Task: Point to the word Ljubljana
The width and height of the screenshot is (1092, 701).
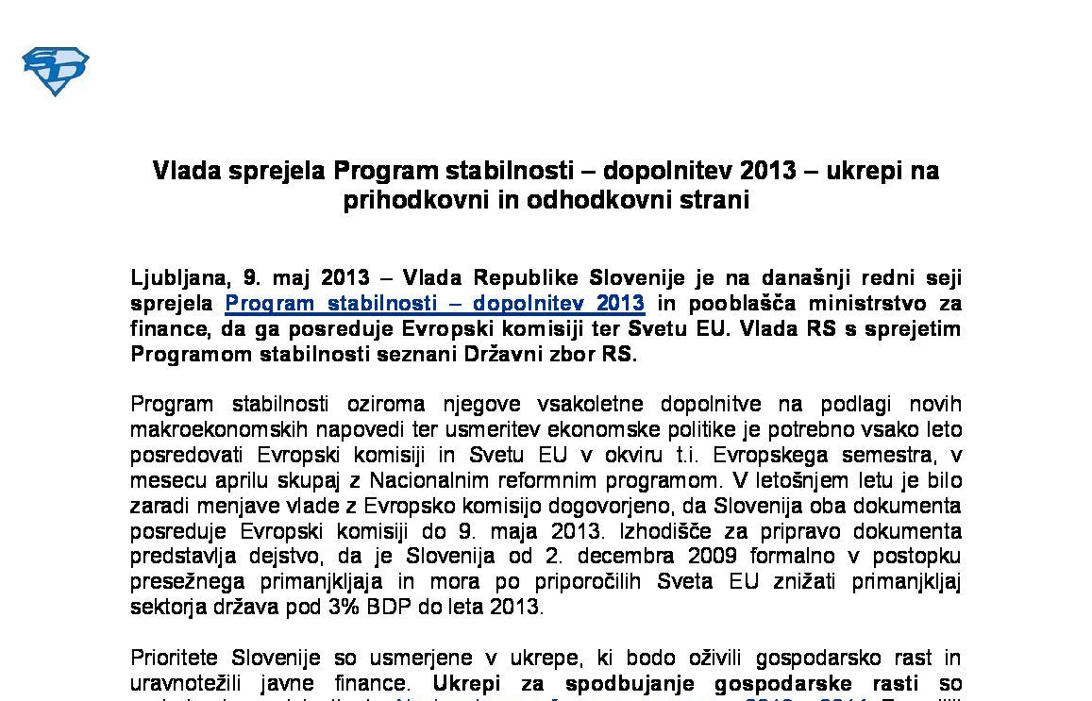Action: [x=178, y=278]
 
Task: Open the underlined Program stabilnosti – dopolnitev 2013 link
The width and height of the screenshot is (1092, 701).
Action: [x=434, y=304]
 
